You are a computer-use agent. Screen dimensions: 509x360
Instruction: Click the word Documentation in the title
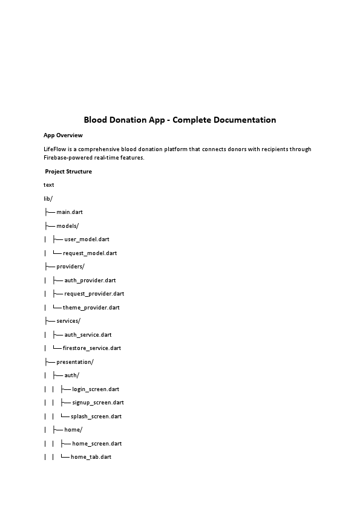point(242,120)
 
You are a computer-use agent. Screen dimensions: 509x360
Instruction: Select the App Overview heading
point(63,135)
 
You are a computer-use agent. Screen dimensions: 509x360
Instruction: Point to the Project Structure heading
point(68,172)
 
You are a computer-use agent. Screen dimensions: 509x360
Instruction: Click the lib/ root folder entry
point(48,198)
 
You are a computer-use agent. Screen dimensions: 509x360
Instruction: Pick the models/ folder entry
point(68,225)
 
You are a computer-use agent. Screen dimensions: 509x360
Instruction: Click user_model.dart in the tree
point(87,239)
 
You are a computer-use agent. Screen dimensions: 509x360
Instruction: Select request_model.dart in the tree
point(90,253)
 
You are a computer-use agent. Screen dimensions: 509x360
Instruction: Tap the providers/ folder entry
point(71,267)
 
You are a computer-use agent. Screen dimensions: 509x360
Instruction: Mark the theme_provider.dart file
point(91,308)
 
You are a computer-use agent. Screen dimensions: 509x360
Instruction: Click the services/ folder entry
point(68,321)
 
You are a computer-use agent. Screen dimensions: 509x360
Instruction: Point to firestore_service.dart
point(91,348)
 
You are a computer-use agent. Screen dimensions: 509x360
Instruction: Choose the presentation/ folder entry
point(75,362)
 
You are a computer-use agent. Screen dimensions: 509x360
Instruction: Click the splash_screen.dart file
point(96,417)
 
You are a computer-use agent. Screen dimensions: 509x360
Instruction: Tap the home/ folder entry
point(73,430)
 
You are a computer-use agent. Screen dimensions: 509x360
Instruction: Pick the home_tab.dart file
point(91,457)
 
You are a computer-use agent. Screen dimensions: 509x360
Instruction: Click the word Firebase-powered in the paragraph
point(67,158)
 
